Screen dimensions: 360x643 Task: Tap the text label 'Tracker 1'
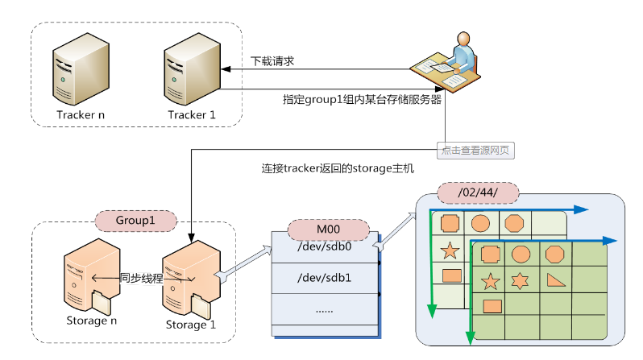coord(191,114)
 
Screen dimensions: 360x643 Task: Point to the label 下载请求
coord(272,61)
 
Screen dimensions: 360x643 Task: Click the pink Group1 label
coord(135,219)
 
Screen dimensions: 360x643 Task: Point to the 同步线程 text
coord(142,278)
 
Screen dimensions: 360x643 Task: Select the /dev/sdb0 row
coord(324,247)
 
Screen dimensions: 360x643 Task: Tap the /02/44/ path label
coord(477,194)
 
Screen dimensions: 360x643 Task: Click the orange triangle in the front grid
coord(554,280)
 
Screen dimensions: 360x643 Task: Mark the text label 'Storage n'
coord(86,321)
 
